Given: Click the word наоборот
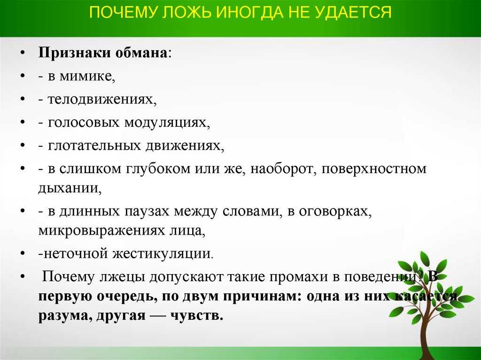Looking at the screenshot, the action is click(283, 169).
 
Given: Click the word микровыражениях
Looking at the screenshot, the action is click(101, 230).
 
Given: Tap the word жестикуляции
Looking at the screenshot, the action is click(163, 253).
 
